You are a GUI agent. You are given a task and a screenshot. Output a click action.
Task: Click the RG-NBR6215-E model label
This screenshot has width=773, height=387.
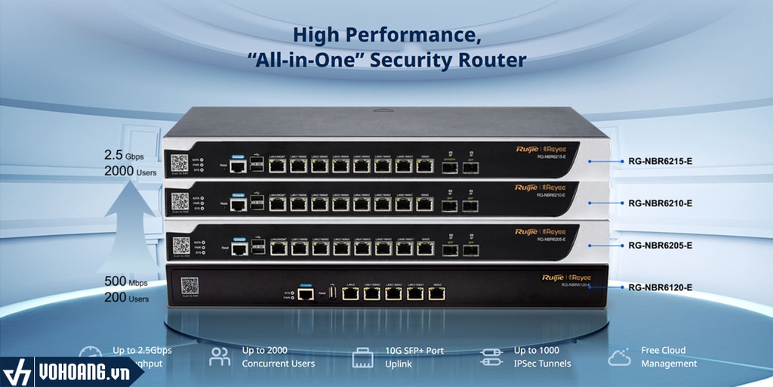pos(661,161)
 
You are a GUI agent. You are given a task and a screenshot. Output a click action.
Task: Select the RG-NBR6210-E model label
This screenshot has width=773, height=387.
pos(661,203)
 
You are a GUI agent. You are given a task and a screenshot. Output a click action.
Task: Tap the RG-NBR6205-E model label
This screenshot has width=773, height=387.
pos(661,246)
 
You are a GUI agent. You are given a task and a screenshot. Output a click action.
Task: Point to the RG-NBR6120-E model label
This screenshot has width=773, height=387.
pos(661,287)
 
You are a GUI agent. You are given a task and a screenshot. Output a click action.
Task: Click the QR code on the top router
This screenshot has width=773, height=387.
pos(179,164)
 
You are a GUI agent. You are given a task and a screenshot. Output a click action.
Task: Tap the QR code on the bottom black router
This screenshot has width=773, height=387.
pos(189,286)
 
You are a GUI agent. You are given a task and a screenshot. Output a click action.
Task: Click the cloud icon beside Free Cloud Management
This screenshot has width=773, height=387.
pos(619,356)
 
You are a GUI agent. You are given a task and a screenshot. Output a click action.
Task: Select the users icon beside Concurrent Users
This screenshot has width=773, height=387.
pos(220,356)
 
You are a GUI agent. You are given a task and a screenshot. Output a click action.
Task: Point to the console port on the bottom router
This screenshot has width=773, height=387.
pos(306,294)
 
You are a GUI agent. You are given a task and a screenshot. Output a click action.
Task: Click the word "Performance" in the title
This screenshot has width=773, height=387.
pos(414,34)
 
